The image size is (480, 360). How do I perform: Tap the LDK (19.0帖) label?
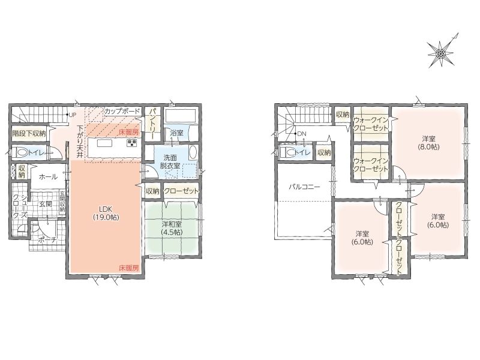(106, 213)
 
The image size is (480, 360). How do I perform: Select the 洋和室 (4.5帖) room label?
(172, 228)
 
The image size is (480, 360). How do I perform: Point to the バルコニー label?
(305, 187)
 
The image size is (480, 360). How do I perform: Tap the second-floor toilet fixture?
(287, 152)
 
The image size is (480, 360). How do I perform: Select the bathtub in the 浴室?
(180, 115)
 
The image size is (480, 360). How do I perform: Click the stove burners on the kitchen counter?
(132, 143)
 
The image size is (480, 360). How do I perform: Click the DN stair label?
(302, 134)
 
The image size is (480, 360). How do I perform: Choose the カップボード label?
(122, 111)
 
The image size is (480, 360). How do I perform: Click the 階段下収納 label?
(29, 133)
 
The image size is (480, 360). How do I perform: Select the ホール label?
(49, 176)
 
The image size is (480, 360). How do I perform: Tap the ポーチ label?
(47, 241)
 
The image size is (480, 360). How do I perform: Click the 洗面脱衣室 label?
(170, 162)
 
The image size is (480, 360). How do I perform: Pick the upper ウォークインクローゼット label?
(371, 124)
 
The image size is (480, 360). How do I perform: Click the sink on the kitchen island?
(102, 143)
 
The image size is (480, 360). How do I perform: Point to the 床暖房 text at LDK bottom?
(129, 268)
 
